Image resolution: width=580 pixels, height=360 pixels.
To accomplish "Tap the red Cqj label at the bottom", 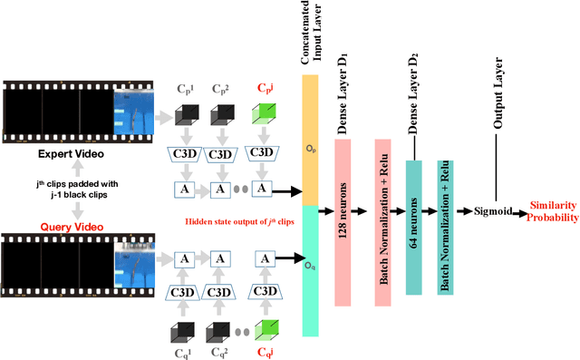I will click(x=264, y=350).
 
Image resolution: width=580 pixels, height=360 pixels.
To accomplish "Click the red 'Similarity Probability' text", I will click(x=553, y=211).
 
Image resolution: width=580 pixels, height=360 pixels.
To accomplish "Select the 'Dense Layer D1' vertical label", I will click(x=343, y=92).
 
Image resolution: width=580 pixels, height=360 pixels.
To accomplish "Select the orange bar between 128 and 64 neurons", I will click(x=382, y=210).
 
